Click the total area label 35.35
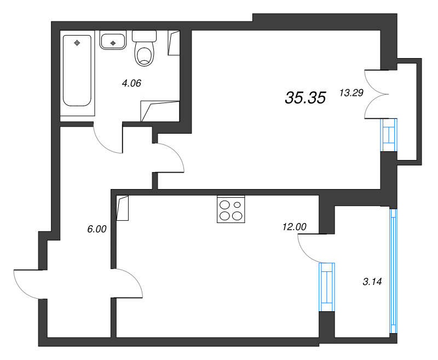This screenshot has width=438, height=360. pyautogui.click(x=305, y=98)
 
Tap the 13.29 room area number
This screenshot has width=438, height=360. pyautogui.click(x=351, y=93)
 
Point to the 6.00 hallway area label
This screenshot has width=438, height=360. pyautogui.click(x=96, y=230)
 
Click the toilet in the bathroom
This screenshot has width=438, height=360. pyautogui.click(x=145, y=49)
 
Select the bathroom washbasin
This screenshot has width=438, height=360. pyautogui.click(x=113, y=40)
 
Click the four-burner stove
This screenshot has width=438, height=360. pyautogui.click(x=230, y=209)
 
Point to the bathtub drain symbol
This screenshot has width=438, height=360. pyautogui.click(x=77, y=42)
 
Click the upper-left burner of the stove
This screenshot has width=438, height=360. pyautogui.click(x=224, y=205)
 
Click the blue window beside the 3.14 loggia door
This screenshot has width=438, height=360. pyautogui.click(x=326, y=287)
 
